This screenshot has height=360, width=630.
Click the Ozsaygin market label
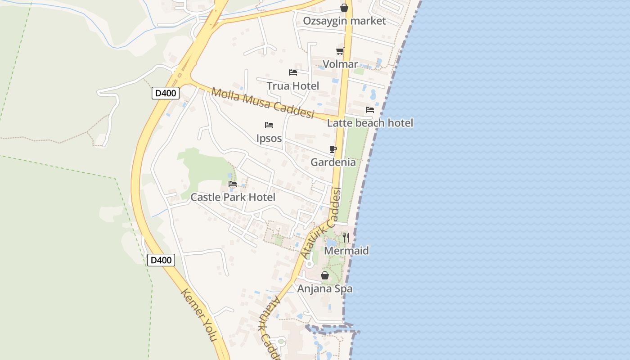[x=344, y=21]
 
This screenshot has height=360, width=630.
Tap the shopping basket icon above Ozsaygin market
[x=344, y=8]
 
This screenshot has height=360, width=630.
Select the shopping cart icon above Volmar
[x=340, y=51]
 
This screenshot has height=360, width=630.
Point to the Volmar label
[x=340, y=64]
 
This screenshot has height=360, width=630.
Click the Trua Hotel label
[x=292, y=86]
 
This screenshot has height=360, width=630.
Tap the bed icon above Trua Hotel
[x=293, y=72]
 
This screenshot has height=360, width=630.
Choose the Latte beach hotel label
[x=370, y=123]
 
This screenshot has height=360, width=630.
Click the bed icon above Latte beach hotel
[x=370, y=110]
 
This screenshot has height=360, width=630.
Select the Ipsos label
[x=269, y=138]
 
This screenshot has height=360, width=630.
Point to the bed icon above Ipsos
[x=269, y=125]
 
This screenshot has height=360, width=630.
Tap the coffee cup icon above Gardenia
[x=333, y=149]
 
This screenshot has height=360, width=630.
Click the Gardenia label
[x=333, y=162]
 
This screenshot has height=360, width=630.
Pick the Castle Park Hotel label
[x=233, y=197]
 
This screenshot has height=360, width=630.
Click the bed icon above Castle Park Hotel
[x=233, y=184]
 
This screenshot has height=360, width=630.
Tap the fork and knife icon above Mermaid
[x=346, y=238]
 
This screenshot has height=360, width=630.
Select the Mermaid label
[x=346, y=251]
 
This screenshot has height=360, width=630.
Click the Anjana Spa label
[x=324, y=288]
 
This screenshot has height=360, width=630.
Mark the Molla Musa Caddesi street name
[x=262, y=103]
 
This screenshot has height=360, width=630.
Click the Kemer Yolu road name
[x=199, y=315]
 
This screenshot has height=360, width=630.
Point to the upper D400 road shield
[x=166, y=93]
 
